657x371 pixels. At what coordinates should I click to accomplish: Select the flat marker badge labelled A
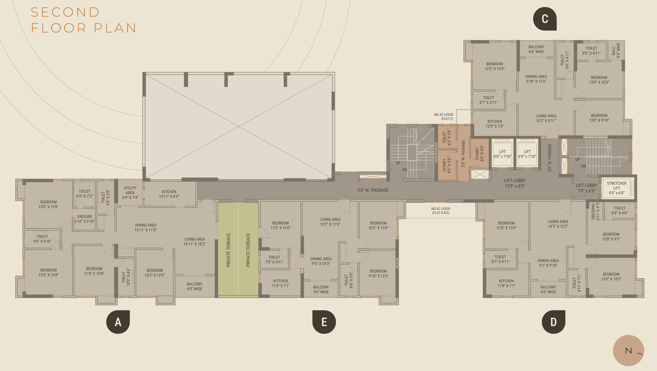coord(118,322)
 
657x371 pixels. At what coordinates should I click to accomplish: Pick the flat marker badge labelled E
coord(324,322)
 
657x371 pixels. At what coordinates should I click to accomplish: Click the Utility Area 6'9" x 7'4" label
coord(130,193)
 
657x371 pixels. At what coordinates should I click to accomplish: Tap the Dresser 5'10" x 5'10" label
coord(84,219)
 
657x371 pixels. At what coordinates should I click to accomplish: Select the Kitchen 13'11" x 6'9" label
coord(169,194)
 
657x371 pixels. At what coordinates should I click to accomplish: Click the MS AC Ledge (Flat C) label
coord(444,117)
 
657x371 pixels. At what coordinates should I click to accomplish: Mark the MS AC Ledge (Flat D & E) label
coord(441,211)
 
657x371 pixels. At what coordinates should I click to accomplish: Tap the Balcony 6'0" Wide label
coord(195,286)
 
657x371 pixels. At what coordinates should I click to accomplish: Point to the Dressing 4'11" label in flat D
coord(595,211)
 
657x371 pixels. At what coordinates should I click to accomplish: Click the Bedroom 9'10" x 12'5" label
coord(378,274)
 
